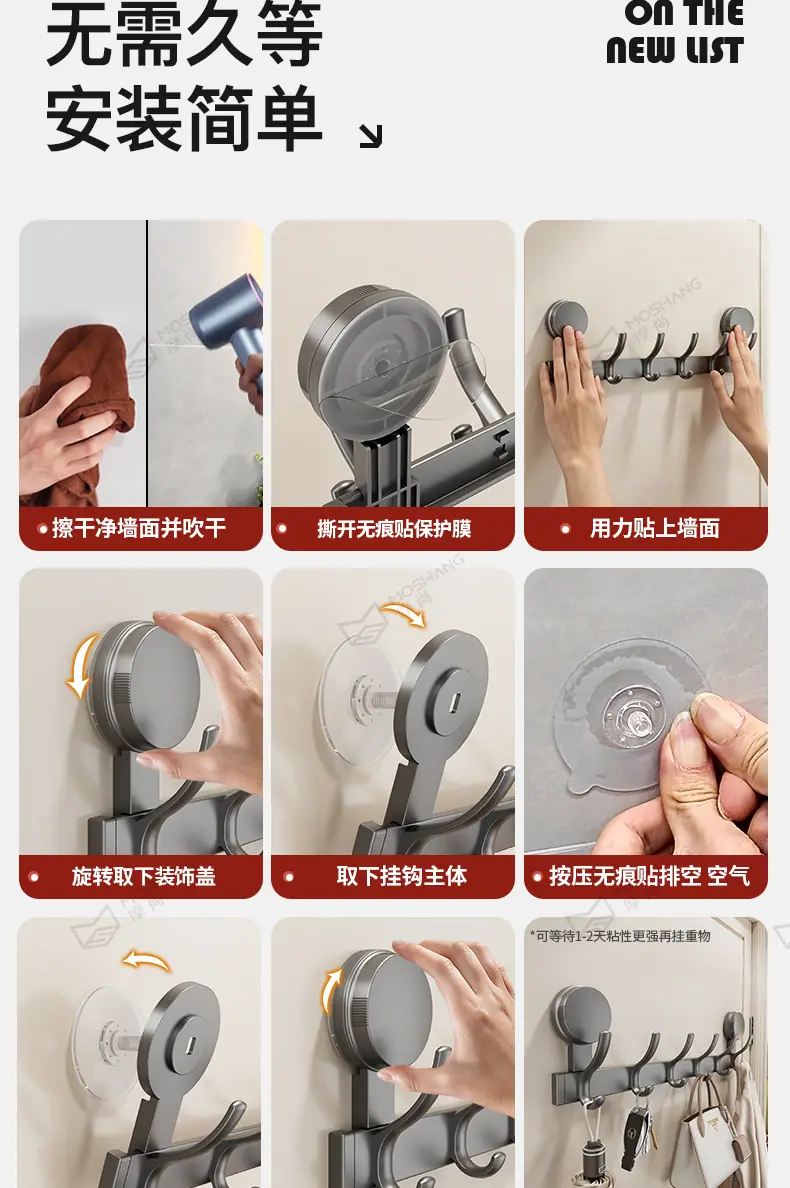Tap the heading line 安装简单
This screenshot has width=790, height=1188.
184,117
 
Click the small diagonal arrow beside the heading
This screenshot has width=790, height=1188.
370,136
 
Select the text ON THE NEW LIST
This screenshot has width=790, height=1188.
675,32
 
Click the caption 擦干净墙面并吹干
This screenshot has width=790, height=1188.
139,527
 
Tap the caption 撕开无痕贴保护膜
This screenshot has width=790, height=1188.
394,528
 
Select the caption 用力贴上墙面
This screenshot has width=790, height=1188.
654,528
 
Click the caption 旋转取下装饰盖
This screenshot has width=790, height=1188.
144,877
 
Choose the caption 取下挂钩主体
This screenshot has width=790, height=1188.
401,876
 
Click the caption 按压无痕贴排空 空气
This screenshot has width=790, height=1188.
649,876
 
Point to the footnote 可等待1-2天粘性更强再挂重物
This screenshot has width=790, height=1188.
620,936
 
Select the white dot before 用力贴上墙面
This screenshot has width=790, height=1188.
565,529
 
